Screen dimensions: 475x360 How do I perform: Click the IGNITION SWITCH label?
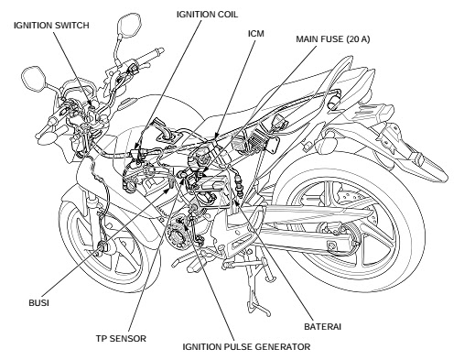tap(51, 25)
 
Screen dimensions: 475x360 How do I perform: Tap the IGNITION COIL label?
tap(207, 15)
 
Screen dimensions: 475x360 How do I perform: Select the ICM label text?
tap(256, 34)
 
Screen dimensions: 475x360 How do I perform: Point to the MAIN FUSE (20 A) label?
tap(333, 39)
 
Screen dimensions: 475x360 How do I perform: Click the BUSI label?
tap(38, 302)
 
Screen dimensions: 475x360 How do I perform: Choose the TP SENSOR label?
tap(121, 338)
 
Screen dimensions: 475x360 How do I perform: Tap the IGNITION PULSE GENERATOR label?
tap(246, 347)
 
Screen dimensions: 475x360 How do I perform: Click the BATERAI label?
tap(322, 326)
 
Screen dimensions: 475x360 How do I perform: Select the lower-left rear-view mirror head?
tap(34, 78)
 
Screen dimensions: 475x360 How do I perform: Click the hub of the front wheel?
tap(102, 245)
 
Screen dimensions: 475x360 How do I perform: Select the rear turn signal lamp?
tap(327, 140)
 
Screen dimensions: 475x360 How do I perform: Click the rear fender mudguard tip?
tap(439, 174)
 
